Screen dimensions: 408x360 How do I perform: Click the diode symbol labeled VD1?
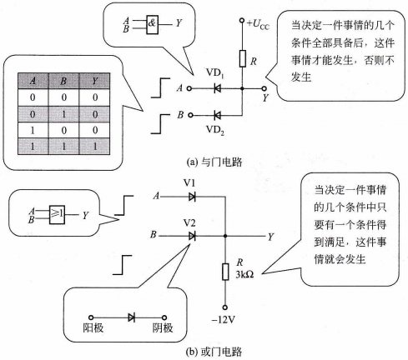click(x=217, y=88)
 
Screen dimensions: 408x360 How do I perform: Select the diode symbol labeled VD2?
click(x=217, y=115)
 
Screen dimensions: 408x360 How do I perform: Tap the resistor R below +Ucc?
click(x=243, y=58)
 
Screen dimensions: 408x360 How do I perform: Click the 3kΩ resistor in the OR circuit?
click(x=225, y=272)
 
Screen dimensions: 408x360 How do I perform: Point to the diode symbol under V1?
click(x=192, y=197)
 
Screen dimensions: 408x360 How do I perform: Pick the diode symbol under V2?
click(x=192, y=236)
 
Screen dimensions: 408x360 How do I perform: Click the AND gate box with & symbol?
click(x=153, y=24)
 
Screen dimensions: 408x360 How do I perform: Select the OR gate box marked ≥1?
click(x=57, y=214)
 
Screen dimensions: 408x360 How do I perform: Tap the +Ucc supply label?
click(x=258, y=24)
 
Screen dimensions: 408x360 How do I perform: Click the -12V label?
click(x=224, y=320)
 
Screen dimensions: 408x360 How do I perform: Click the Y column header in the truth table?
click(x=95, y=81)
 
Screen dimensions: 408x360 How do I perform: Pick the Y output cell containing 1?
click(x=95, y=146)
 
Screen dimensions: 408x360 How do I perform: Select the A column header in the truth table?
click(x=33, y=81)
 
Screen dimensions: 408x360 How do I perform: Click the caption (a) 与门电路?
click(x=214, y=162)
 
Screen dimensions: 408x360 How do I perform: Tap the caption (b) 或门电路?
click(x=214, y=352)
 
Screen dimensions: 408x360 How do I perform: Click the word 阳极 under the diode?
click(x=93, y=327)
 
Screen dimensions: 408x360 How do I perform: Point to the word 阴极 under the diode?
click(x=163, y=327)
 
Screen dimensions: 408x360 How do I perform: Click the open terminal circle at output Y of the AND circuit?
click(x=264, y=88)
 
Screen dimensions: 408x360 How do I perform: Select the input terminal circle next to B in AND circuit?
click(x=190, y=115)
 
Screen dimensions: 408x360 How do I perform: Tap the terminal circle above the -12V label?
click(x=225, y=307)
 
